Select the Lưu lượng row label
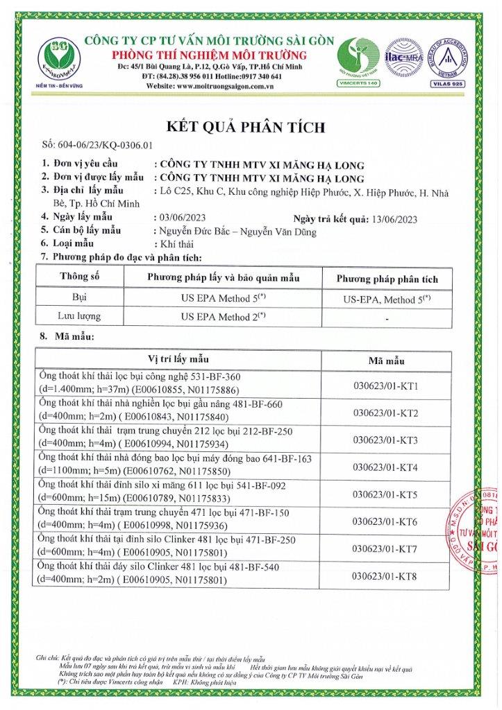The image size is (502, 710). (80, 316)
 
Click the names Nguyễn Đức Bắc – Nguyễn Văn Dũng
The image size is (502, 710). (237, 231)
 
